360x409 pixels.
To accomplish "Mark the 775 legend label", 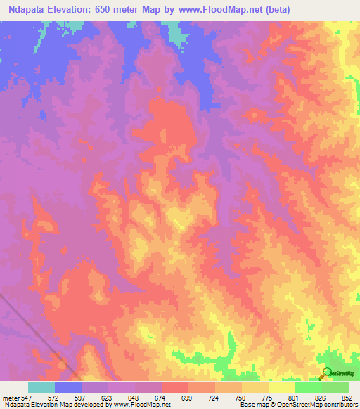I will [268, 397].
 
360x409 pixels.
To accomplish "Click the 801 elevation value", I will [295, 397].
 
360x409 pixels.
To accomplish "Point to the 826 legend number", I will [321, 397].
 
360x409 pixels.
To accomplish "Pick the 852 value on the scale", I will [346, 397].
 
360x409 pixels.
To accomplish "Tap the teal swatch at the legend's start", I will [41, 387].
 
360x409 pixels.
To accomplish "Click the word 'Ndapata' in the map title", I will [26, 10].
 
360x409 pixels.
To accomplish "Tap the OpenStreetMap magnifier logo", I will [326, 372].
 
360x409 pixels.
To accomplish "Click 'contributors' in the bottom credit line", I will [337, 405].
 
